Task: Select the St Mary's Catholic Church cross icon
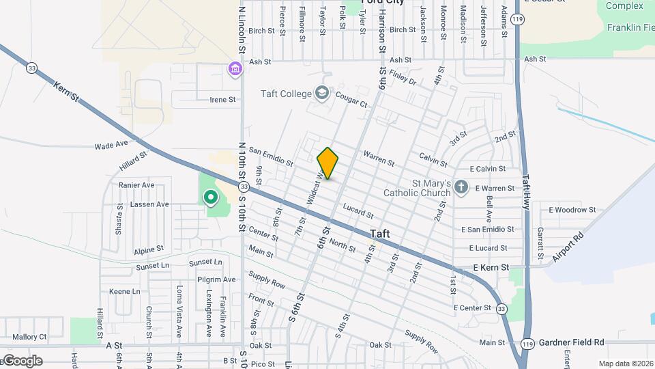461,187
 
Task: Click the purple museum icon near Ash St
235,69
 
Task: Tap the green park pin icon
211,198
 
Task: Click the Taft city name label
380,234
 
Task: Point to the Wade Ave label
111,145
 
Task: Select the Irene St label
222,99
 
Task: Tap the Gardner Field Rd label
572,342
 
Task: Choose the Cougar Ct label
351,105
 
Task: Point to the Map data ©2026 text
626,364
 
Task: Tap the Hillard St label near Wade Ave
133,162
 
